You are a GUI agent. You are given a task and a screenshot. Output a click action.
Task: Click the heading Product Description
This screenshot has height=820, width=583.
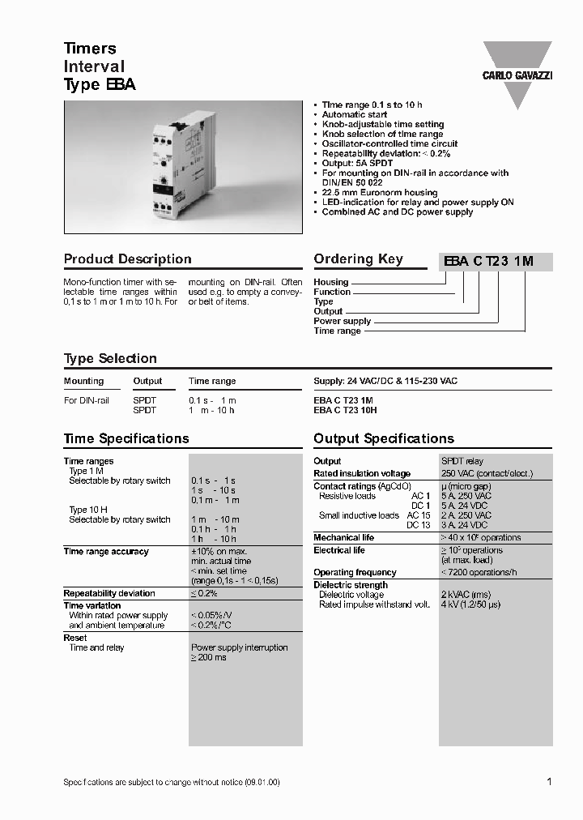[128, 259]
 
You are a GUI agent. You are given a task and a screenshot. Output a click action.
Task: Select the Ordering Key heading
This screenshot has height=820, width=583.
[358, 259]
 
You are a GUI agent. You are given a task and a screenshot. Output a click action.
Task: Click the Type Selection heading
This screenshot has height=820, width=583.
[110, 358]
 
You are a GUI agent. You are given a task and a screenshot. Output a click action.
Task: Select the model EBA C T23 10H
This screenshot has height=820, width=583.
[345, 411]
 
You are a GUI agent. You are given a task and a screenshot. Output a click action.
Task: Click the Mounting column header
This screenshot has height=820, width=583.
[84, 381]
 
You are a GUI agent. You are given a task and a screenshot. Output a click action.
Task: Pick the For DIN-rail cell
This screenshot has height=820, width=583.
[87, 401]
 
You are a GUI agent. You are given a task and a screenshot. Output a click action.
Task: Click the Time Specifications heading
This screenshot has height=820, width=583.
[126, 439]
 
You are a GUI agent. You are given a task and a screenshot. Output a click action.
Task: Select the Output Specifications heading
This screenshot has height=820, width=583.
[384, 439]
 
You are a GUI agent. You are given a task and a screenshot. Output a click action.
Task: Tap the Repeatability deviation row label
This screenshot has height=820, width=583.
[109, 594]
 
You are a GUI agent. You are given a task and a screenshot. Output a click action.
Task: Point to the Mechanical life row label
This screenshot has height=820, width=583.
[344, 538]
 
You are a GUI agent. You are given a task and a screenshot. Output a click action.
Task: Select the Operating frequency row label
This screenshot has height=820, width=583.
[355, 573]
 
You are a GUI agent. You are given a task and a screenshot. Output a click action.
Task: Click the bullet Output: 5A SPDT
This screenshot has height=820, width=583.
[357, 164]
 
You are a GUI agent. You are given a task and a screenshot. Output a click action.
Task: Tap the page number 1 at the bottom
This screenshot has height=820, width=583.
[549, 782]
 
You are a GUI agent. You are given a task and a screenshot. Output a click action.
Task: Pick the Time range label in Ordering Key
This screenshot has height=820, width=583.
[337, 331]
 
